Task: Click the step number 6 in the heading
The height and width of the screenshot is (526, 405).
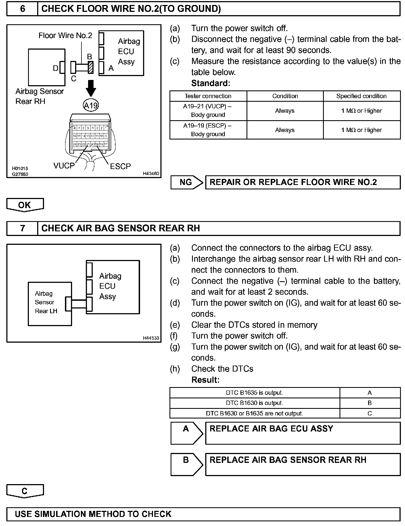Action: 22,9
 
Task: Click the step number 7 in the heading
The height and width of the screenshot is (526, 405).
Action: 22,228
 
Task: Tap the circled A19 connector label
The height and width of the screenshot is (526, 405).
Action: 91,105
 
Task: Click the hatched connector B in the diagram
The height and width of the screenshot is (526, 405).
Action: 91,67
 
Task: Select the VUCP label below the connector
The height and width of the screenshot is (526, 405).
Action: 64,166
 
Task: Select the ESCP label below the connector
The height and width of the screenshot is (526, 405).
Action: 120,166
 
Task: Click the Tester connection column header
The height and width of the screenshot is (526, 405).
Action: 208,96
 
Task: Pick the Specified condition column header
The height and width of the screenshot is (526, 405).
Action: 361,96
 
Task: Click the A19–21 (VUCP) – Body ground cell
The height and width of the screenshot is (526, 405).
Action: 208,111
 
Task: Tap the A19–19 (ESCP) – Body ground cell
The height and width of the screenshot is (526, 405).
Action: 208,130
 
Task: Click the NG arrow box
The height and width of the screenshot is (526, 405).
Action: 187,182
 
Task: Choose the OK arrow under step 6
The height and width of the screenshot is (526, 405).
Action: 25,205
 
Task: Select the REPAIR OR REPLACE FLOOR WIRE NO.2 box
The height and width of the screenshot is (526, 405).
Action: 303,182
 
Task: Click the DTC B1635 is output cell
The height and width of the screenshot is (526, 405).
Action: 255,393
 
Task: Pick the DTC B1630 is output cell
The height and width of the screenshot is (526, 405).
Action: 255,403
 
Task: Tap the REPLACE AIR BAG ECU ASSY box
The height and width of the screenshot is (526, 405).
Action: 303,433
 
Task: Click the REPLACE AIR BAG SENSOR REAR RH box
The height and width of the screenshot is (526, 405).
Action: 303,465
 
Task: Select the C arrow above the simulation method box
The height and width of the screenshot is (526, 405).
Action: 25,491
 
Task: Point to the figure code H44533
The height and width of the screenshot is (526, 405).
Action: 151,338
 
